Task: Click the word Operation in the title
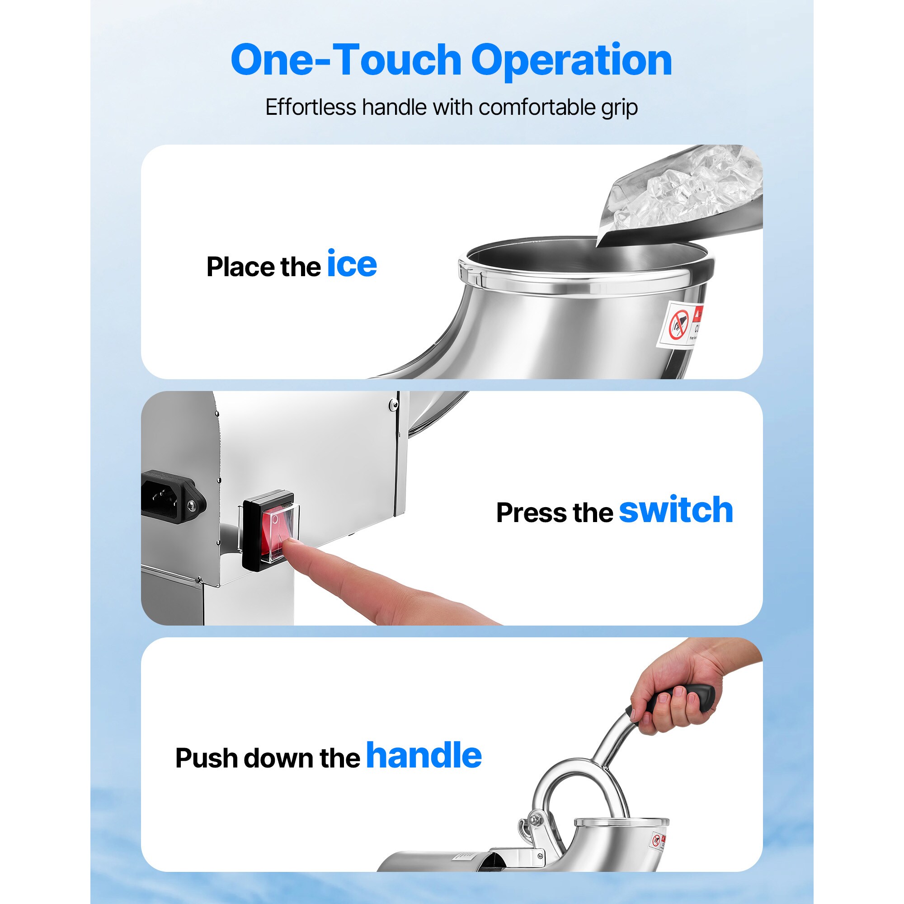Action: tap(571, 61)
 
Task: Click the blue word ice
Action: tap(351, 264)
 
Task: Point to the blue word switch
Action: tap(676, 510)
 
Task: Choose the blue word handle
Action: tap(424, 756)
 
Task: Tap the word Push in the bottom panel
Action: tap(207, 758)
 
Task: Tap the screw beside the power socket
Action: tap(190, 505)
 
